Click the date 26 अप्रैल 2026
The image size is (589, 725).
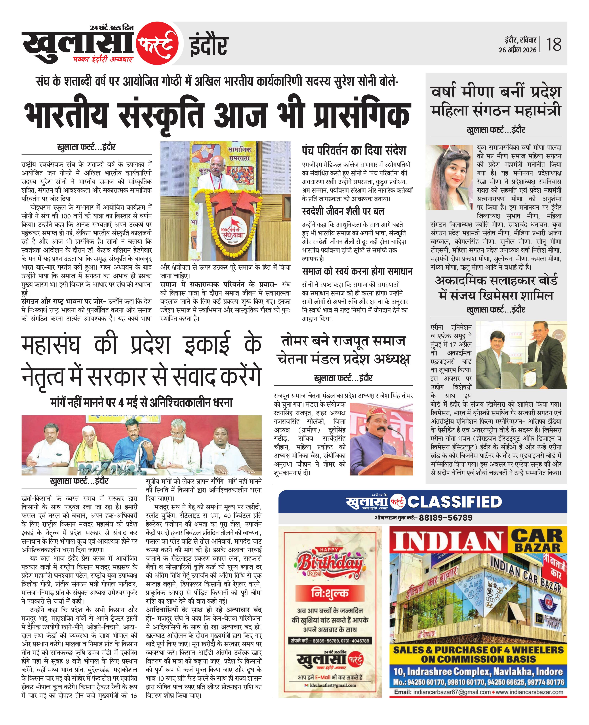tap(517, 50)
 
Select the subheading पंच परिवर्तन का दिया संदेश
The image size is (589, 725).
tap(354, 150)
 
